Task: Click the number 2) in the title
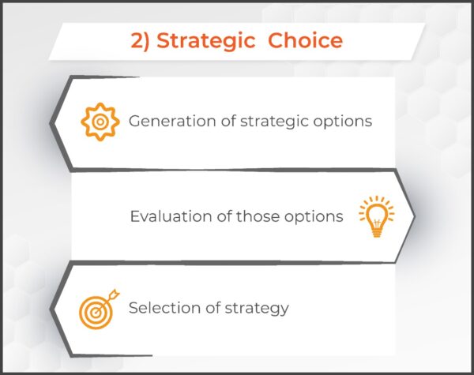[x=141, y=41]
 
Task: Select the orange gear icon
[x=98, y=122]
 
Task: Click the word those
[x=260, y=216]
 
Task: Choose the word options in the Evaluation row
[x=315, y=216]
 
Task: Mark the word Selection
[x=161, y=308]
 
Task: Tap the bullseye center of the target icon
[x=96, y=310]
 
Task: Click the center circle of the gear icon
[x=98, y=122]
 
